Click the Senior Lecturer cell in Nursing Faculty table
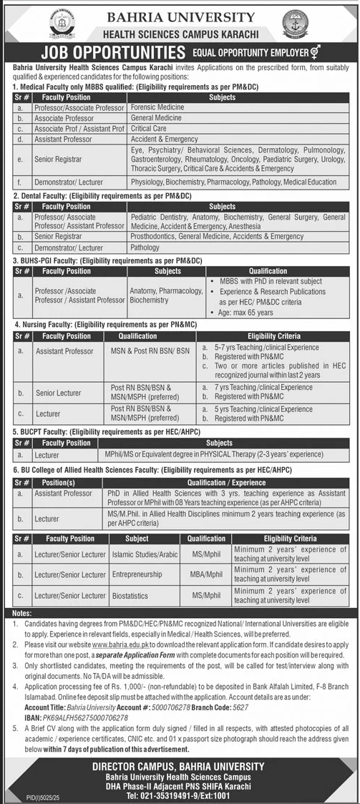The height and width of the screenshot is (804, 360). [59, 392]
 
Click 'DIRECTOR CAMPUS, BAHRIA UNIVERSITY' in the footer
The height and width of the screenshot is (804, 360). [180, 766]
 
